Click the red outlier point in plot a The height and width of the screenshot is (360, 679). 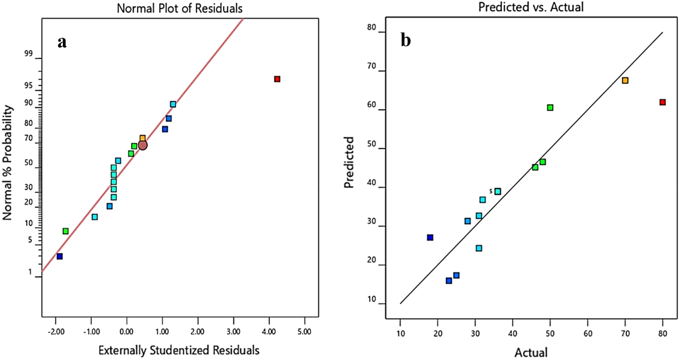277,79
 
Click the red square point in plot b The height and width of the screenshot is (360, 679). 663,102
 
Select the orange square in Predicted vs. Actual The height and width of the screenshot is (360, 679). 625,81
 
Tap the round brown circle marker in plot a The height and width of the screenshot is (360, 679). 143,145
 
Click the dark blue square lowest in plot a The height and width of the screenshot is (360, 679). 59,256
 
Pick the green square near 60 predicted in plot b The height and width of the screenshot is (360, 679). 550,108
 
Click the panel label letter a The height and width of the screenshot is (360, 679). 62,42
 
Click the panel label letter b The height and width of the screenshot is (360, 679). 405,40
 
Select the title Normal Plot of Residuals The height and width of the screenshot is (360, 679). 180,8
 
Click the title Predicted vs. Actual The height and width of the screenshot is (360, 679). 531,7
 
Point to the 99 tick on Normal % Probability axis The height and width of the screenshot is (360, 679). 28,54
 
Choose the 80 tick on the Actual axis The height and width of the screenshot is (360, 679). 663,334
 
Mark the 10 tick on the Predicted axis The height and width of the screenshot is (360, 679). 372,299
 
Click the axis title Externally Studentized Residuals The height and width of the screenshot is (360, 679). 179,350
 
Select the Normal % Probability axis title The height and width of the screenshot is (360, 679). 7,163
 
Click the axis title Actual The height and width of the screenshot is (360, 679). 531,352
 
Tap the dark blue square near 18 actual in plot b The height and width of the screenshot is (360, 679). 430,238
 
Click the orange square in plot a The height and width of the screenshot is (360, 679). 143,138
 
